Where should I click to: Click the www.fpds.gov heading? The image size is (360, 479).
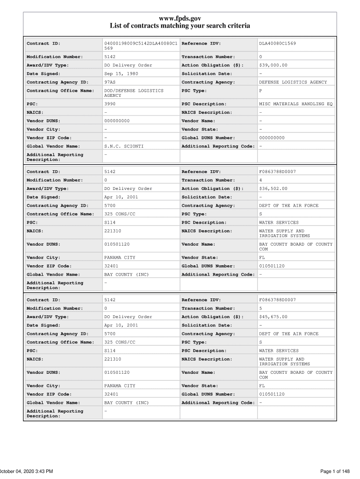coord(180,18)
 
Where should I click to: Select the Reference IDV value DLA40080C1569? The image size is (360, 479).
coord(277,44)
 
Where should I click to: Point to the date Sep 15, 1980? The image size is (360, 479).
coord(121,74)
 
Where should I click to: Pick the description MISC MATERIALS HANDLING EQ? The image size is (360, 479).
coord(295,104)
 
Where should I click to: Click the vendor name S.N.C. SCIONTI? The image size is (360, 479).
coord(123,146)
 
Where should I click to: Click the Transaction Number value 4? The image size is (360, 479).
coord(260,180)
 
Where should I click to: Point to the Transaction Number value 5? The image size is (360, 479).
coord(260,308)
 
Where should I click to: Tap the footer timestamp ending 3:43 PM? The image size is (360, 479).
coord(26,471)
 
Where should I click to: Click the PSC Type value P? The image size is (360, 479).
coord(260,91)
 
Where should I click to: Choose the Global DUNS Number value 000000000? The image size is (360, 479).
coord(272,138)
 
